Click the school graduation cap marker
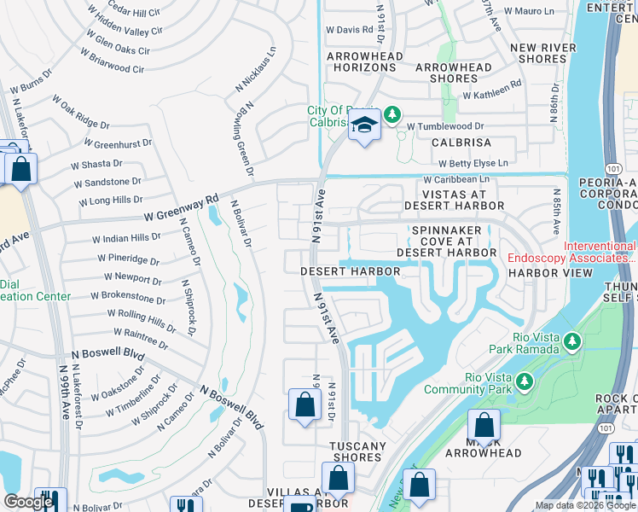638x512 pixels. (x=364, y=127)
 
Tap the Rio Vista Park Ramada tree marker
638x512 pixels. (x=571, y=342)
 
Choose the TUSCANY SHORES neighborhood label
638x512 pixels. (x=358, y=451)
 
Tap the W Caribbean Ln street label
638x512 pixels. (x=456, y=179)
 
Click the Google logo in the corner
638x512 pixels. (x=28, y=502)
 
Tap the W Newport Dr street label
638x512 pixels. (x=132, y=278)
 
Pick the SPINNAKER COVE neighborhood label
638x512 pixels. (x=454, y=241)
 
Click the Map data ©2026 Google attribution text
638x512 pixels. (x=585, y=505)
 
